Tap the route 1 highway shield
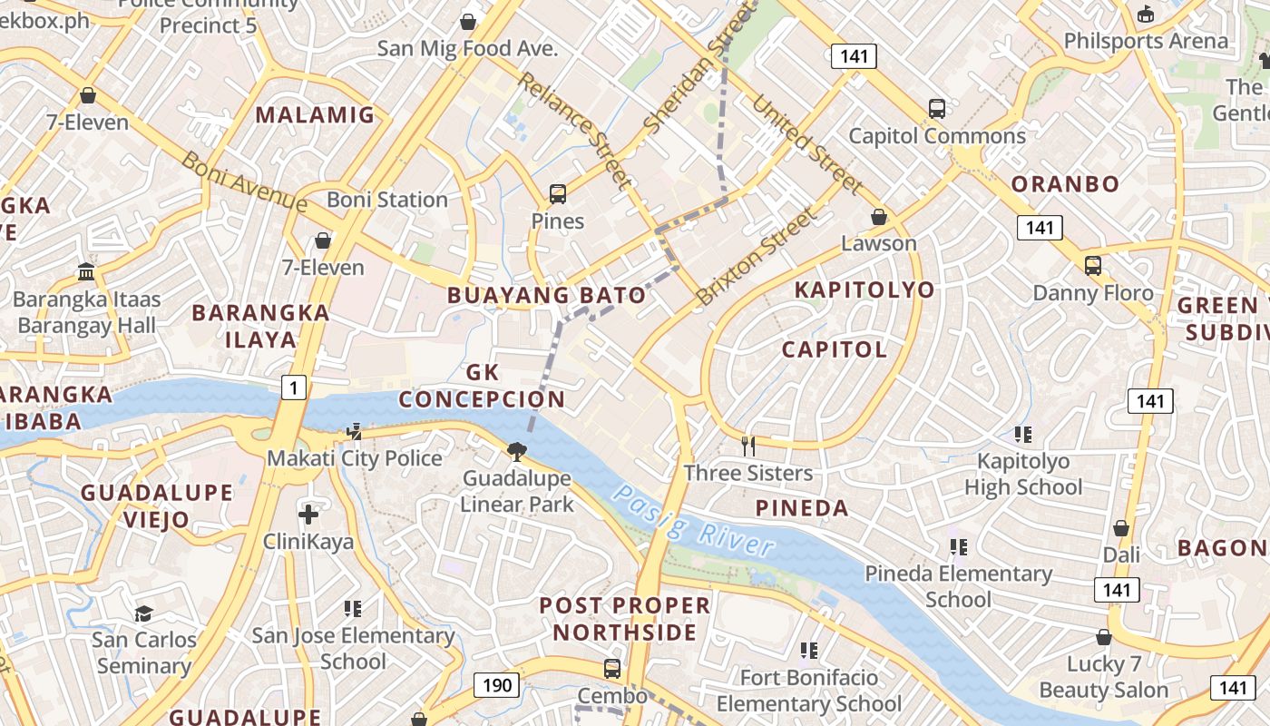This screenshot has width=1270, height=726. click(293, 388)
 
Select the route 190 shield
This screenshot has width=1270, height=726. click(496, 685)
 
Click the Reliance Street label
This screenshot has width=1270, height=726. click(574, 131)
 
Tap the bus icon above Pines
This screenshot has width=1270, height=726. click(558, 194)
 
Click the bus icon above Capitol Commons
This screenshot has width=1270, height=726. click(937, 109)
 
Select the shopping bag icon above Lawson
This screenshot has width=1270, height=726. click(878, 217)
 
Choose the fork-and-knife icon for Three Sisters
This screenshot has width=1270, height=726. click(748, 446)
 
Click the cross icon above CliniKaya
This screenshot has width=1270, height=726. click(308, 515)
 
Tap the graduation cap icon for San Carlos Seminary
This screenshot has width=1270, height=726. click(143, 613)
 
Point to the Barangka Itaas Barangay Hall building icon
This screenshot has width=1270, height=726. click(87, 271)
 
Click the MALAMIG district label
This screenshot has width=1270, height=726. click(315, 114)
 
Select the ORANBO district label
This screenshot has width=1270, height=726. click(1065, 183)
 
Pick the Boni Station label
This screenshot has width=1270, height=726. click(387, 200)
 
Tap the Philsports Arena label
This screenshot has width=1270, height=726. click(1146, 41)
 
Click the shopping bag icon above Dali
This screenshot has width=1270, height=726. click(1121, 528)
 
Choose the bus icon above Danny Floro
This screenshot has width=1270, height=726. click(1093, 266)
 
